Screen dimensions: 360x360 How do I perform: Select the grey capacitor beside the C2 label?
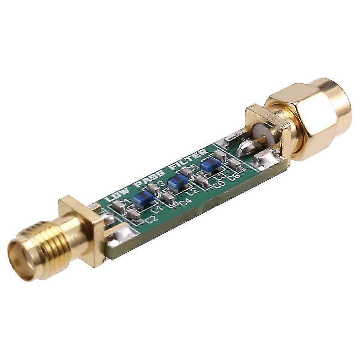point(134,215)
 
